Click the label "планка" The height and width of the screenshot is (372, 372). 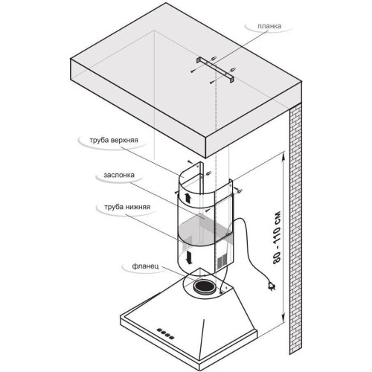pos(269,26)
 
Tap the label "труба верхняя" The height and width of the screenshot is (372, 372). pos(114,140)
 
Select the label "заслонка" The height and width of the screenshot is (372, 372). pos(119,175)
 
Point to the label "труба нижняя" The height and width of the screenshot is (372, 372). pos(127,207)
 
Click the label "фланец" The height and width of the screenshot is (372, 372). pos(145,266)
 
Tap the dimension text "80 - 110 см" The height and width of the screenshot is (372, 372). pos(277,237)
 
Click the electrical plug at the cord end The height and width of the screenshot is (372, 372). pos(272,286)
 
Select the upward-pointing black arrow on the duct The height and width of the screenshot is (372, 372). pos(187,198)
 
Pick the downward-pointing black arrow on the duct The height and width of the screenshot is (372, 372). pos(189,257)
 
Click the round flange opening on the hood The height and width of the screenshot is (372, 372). pos(205,287)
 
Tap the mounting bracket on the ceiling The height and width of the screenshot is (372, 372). pos(216,69)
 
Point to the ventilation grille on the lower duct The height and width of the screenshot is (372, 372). pos(222,263)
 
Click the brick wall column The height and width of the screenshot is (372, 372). pos(296,228)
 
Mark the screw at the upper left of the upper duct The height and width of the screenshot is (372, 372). pos(190,161)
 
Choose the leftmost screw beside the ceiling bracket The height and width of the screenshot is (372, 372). pos(193,71)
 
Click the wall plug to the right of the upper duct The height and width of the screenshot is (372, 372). pos(240,191)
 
